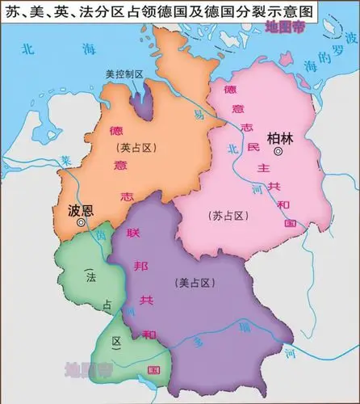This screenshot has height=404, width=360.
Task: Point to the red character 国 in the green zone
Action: pos(149,368)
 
